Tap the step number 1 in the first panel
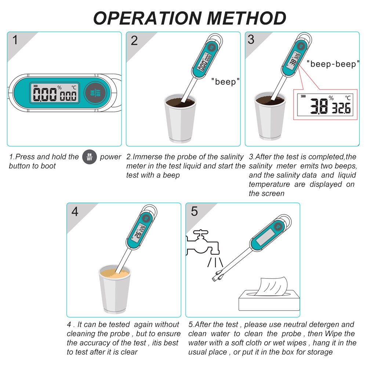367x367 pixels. point(15,40)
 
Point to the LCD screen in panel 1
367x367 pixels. point(55,93)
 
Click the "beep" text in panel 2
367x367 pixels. point(225,81)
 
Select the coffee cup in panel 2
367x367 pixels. point(180,117)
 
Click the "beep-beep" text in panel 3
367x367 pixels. point(333,64)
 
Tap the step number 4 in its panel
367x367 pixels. point(75,211)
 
